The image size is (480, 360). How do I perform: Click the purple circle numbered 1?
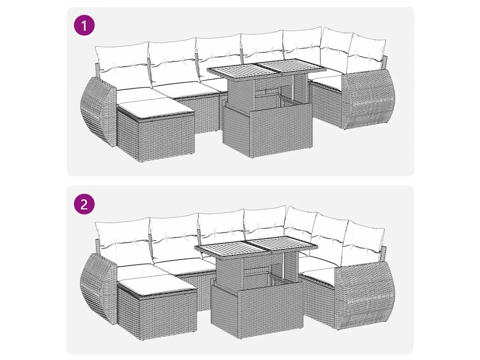[84, 25]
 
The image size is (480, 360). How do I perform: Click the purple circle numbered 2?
[84, 204]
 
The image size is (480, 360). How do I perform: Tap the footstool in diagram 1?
[156, 130]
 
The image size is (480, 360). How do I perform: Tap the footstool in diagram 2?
[157, 306]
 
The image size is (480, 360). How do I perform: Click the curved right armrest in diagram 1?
[369, 98]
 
